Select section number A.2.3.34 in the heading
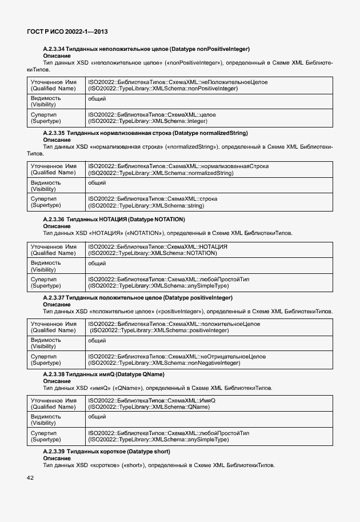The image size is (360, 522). [54, 49]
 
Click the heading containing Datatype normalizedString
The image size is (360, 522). [145, 133]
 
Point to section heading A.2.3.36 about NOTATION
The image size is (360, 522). [114, 220]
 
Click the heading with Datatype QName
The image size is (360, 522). [103, 374]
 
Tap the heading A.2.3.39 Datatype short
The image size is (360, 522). [106, 451]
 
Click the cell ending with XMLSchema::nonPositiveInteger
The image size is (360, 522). [177, 86]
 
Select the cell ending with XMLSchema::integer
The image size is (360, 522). [152, 118]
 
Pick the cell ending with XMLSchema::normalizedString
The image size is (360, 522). [178, 169]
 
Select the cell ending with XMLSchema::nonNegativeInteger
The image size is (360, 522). [177, 359]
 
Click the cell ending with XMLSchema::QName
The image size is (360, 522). [151, 404]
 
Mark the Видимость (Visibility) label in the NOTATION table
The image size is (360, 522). [45, 266]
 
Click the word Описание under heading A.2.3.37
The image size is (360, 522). [57, 305]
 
